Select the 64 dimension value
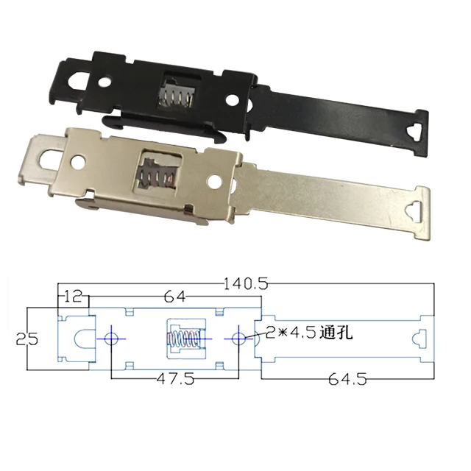(174, 297)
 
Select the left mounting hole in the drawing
(111, 339)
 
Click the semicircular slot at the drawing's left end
(82, 339)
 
